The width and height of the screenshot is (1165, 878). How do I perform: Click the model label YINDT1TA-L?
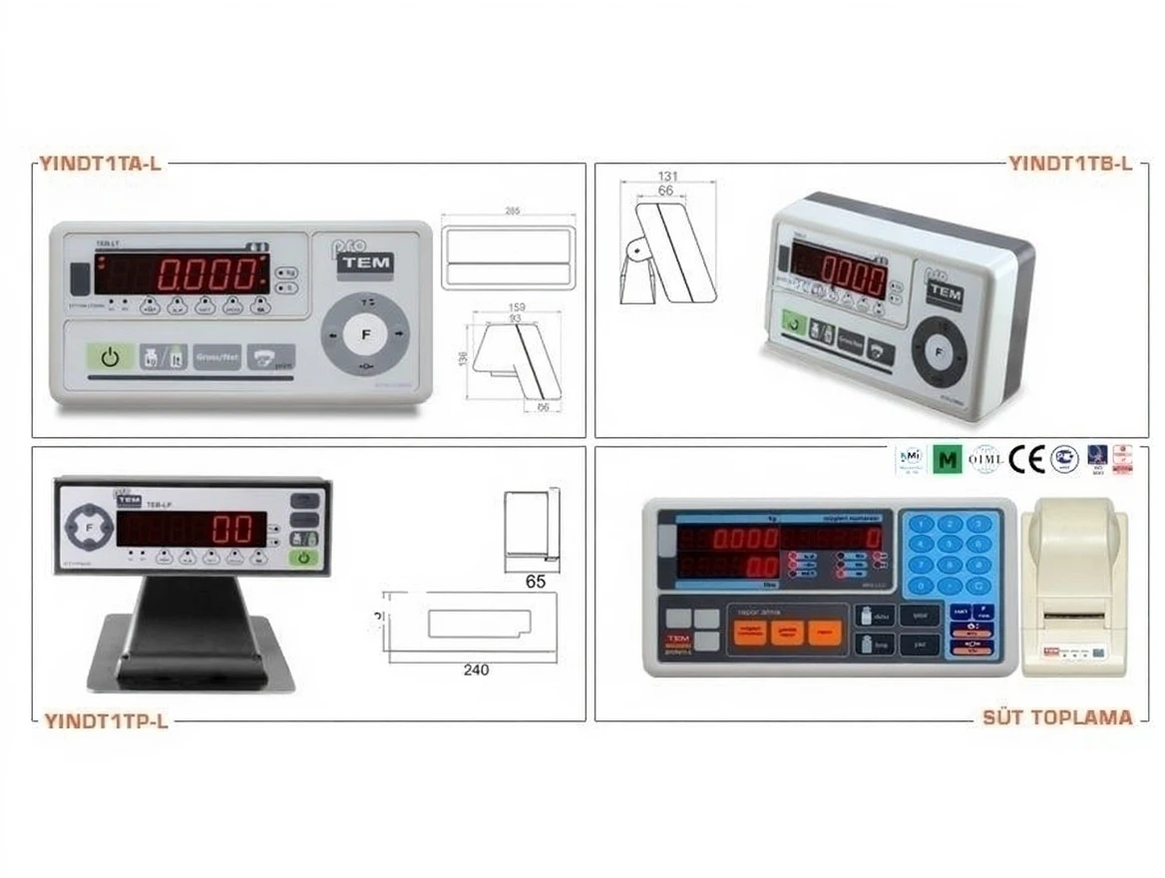point(99,164)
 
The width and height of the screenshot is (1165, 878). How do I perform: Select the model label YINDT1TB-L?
point(1070,164)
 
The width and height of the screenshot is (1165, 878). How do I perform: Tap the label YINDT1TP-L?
point(105,721)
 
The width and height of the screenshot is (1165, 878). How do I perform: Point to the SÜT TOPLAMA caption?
point(1057,717)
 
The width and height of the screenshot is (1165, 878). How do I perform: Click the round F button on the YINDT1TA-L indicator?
point(363,334)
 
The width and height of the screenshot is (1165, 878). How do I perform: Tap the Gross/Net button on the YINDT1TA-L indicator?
point(217,357)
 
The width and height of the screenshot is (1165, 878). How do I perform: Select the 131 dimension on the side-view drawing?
point(667,176)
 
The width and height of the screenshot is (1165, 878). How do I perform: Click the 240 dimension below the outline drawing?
point(476,670)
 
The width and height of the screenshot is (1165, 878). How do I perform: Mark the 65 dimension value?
point(536,583)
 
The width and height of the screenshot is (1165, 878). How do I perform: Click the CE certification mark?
point(1026,459)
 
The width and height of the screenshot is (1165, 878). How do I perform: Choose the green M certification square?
point(948,460)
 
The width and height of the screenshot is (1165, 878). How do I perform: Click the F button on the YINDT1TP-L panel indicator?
point(89,526)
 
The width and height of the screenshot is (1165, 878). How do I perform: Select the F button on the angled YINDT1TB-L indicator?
point(938,351)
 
